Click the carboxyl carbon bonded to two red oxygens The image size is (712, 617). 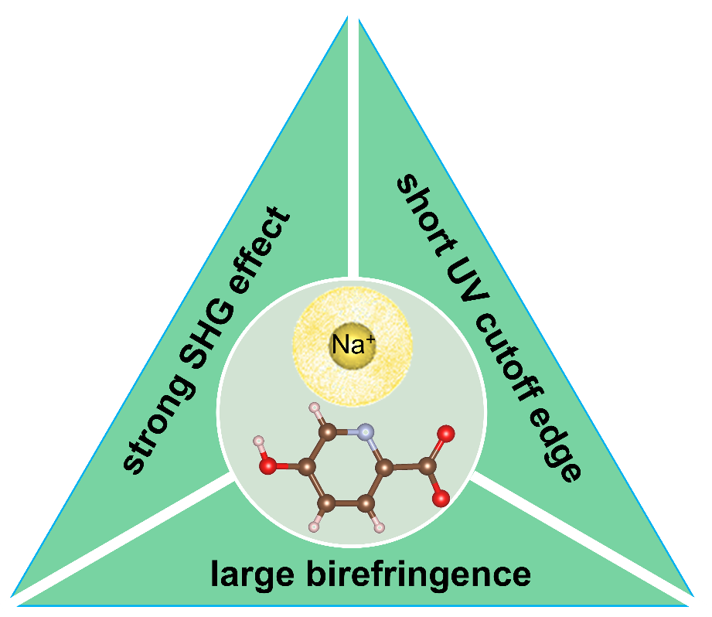point(424,467)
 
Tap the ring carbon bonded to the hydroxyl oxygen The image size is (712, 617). point(307,467)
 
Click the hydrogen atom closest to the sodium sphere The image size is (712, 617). point(314,407)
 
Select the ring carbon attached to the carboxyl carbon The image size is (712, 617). point(383,467)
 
